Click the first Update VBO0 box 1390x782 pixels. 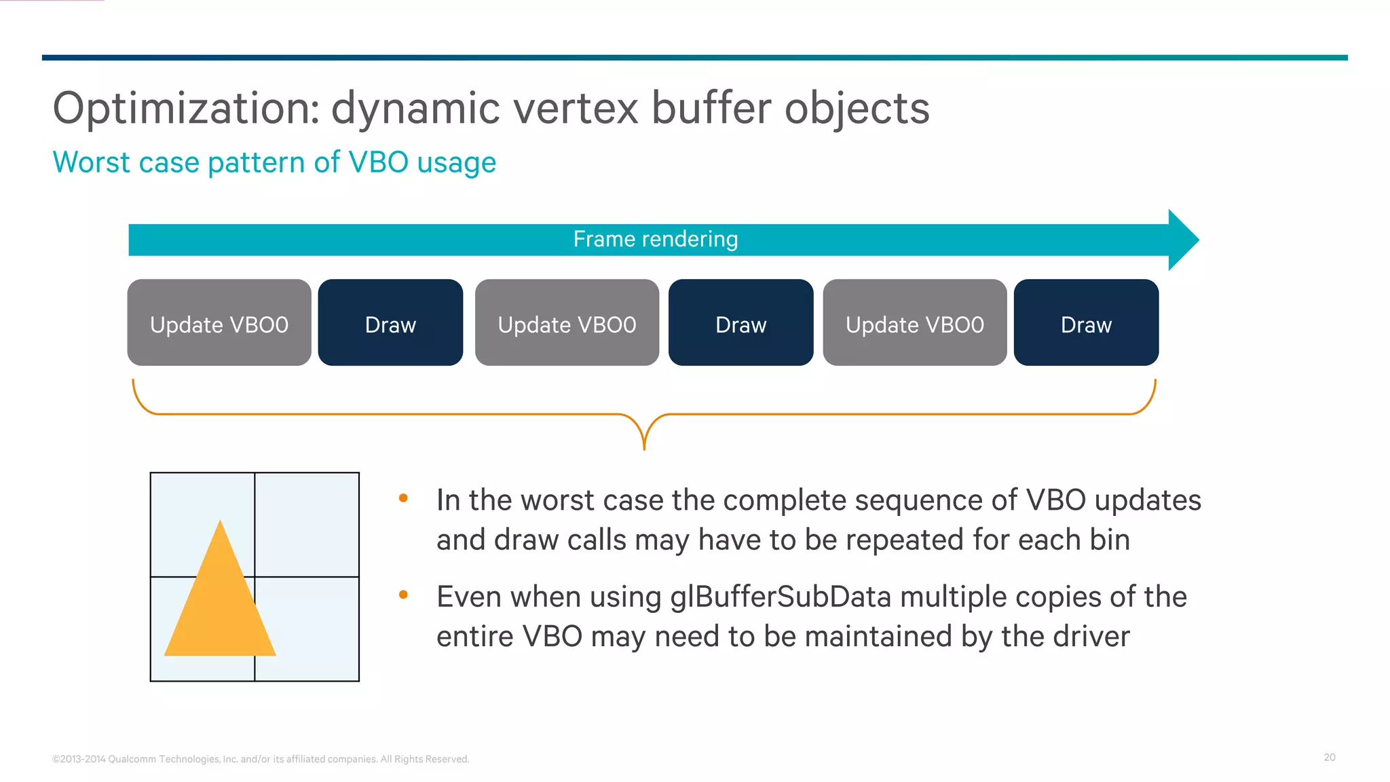[x=219, y=323]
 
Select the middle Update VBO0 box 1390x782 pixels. [x=567, y=323]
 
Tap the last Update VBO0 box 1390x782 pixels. [x=914, y=323]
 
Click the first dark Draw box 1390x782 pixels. [x=390, y=323]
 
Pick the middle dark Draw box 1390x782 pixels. [x=740, y=323]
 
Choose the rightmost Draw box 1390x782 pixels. [x=1086, y=323]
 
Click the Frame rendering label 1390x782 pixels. [x=655, y=239]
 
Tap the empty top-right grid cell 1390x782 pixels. [x=307, y=524]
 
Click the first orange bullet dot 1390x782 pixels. [x=403, y=498]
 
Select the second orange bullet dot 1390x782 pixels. [x=403, y=595]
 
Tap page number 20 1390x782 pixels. [x=1329, y=757]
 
